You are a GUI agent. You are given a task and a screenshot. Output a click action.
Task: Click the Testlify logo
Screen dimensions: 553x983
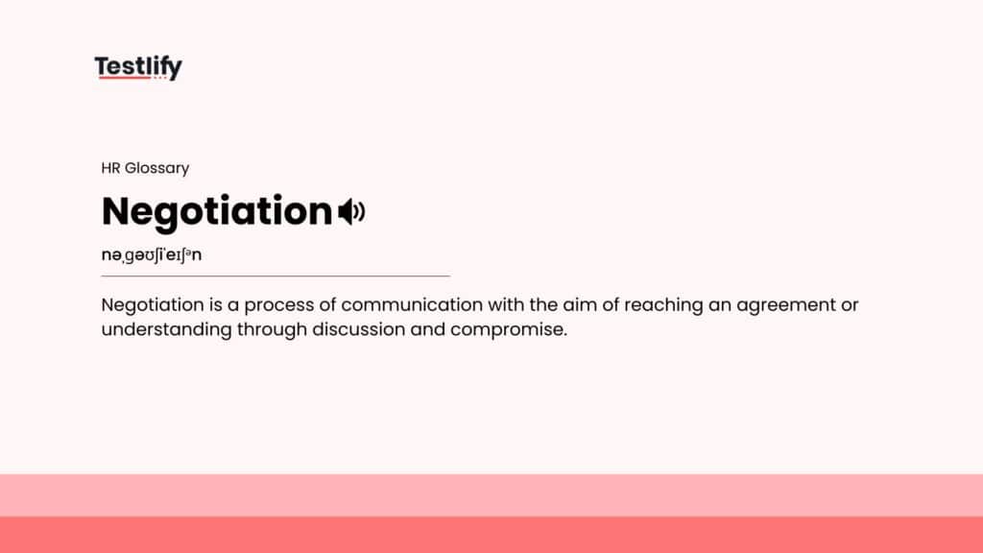[138, 67]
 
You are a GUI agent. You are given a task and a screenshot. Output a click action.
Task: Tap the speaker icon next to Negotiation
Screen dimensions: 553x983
[351, 211]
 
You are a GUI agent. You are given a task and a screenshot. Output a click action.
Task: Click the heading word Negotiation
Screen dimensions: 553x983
[216, 211]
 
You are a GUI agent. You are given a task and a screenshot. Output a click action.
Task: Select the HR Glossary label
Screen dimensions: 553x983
[145, 168]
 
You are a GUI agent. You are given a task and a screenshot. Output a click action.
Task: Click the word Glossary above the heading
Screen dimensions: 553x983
[156, 168]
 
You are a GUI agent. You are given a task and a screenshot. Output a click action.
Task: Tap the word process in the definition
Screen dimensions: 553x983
[278, 306]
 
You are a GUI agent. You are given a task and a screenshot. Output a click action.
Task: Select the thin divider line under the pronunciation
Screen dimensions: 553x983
[276, 276]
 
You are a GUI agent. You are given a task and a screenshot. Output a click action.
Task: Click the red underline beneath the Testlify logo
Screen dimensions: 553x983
[123, 78]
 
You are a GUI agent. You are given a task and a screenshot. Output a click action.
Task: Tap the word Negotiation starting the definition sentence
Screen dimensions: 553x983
[150, 306]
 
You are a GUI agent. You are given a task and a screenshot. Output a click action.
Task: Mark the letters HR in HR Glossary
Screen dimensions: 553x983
[110, 168]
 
